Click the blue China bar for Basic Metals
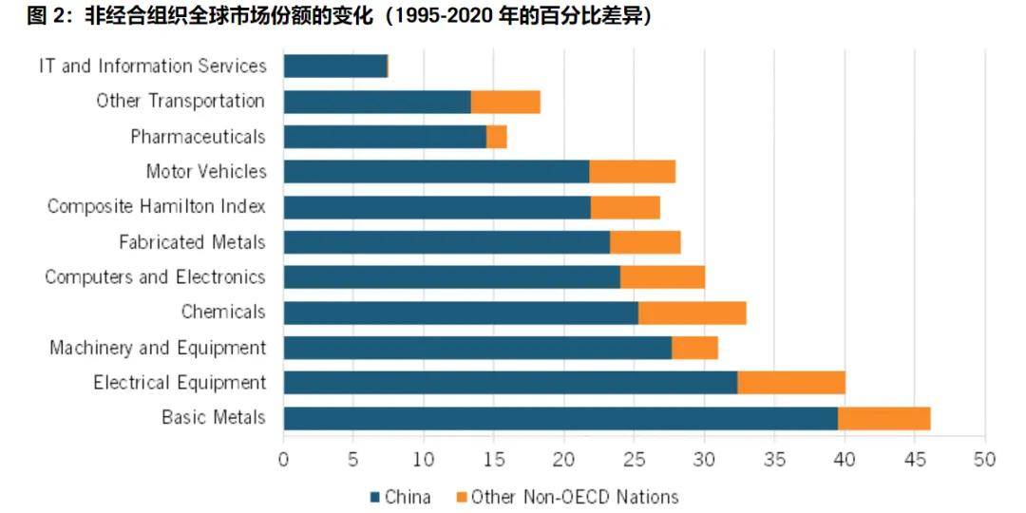pyautogui.click(x=560, y=418)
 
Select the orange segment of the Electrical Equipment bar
pyautogui.click(x=791, y=383)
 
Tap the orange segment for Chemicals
pyautogui.click(x=692, y=313)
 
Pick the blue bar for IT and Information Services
pyautogui.click(x=335, y=66)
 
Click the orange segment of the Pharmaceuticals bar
pyautogui.click(x=497, y=137)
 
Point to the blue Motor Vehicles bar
pyautogui.click(x=436, y=172)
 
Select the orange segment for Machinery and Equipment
pyautogui.click(x=694, y=348)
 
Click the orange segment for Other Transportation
pyautogui.click(x=505, y=102)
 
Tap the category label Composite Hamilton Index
pyautogui.click(x=157, y=206)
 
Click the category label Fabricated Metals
pyautogui.click(x=192, y=242)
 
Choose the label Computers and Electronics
pyautogui.click(x=155, y=277)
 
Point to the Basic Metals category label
pyautogui.click(x=213, y=418)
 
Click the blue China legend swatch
pyautogui.click(x=374, y=497)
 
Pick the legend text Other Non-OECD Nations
pyautogui.click(x=575, y=497)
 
